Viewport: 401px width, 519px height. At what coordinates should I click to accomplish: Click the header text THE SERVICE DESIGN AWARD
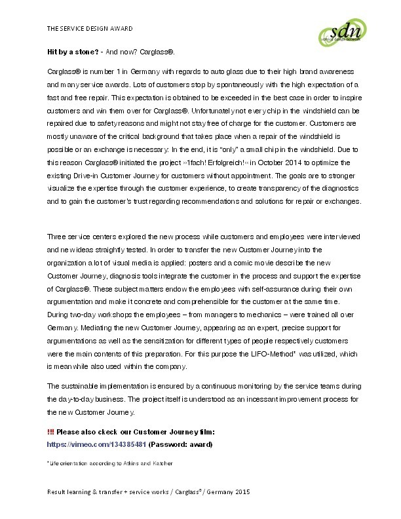(x=90, y=29)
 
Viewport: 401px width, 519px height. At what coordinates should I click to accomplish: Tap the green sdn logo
(x=340, y=32)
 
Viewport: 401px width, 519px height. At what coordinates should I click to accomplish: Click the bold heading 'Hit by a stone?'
(x=72, y=51)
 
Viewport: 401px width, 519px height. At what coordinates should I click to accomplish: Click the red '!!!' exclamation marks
(x=50, y=432)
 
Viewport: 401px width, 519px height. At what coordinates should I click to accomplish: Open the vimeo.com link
(x=96, y=444)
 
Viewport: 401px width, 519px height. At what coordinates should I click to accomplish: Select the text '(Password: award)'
(x=181, y=444)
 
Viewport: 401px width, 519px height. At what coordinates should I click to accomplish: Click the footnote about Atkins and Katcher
(x=109, y=463)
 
